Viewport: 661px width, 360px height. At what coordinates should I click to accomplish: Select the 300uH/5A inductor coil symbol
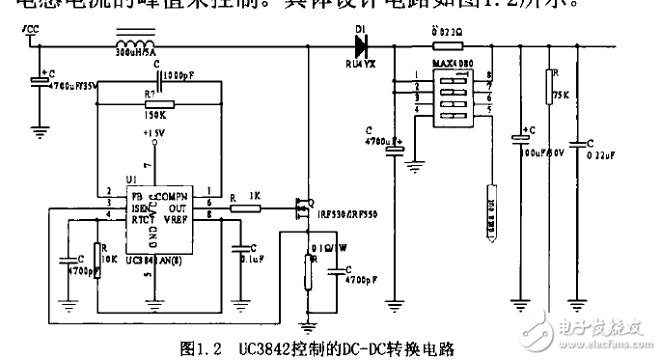(138, 43)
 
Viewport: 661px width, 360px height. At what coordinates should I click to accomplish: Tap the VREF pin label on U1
(176, 220)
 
